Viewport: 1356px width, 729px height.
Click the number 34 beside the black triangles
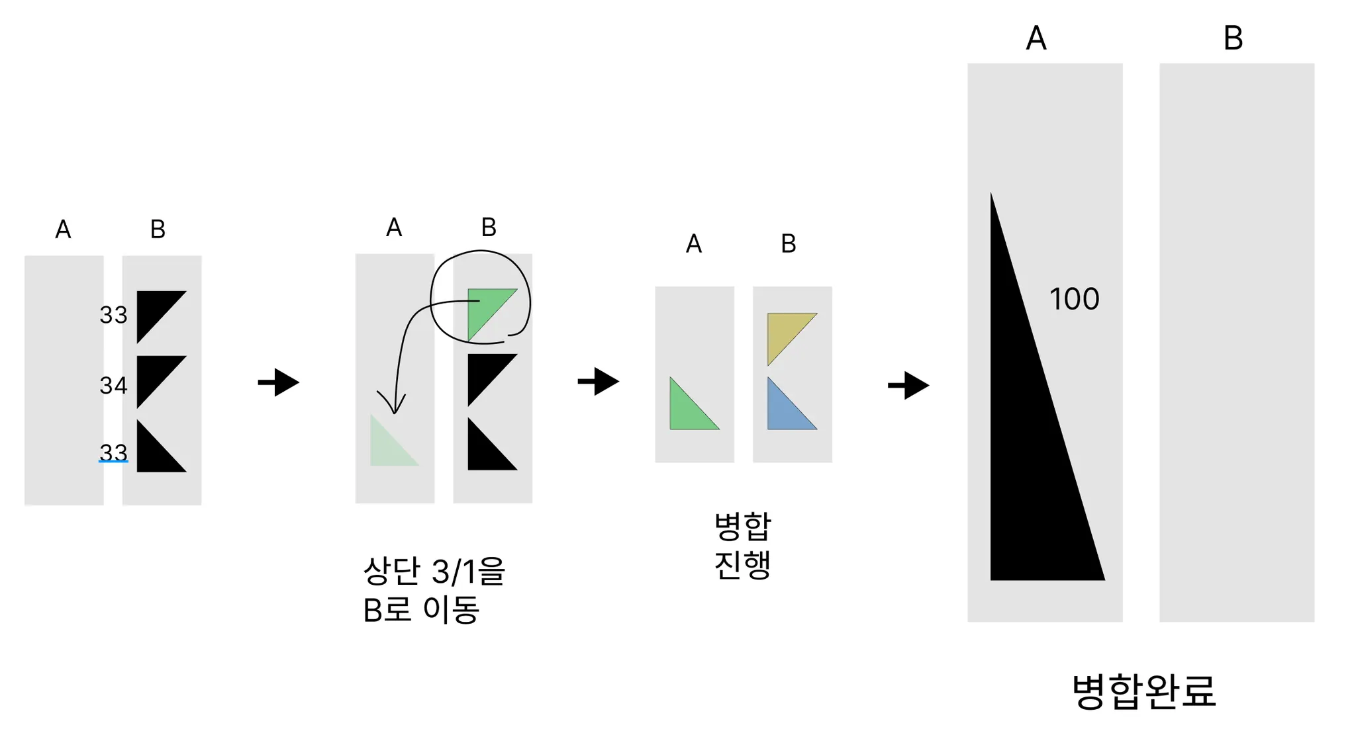coord(113,385)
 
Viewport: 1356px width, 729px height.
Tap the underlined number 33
coord(113,452)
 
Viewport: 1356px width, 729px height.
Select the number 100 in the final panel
coord(1074,299)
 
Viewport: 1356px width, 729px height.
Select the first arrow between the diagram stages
coord(279,382)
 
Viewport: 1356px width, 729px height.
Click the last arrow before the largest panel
coord(908,385)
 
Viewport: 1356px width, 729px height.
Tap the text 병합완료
coord(1143,691)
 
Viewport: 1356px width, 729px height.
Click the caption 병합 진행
coord(743,546)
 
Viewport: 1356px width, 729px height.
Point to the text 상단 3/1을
coord(434,571)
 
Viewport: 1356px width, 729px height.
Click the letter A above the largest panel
coord(1036,38)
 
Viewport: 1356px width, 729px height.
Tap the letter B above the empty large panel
coord(1233,38)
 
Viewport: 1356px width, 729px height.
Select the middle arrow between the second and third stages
coord(599,381)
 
